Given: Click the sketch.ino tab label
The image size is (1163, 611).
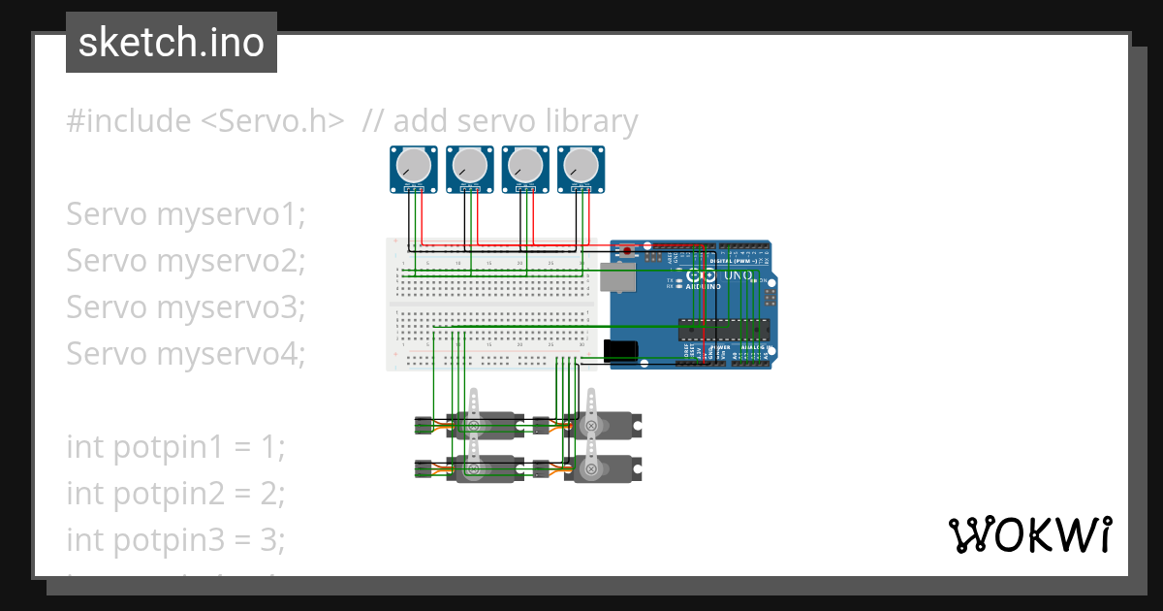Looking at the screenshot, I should pyautogui.click(x=172, y=43).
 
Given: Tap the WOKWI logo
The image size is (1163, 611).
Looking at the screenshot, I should pyautogui.click(x=1029, y=534).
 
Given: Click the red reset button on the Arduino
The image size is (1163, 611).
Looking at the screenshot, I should pyautogui.click(x=627, y=251).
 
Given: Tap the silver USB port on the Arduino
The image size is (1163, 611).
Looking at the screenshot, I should pyautogui.click(x=614, y=276).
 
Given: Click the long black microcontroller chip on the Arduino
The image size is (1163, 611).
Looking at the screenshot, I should pyautogui.click(x=723, y=330).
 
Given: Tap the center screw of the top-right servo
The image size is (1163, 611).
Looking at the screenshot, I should pyautogui.click(x=591, y=425).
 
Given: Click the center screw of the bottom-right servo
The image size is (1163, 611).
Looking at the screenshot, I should pyautogui.click(x=591, y=469).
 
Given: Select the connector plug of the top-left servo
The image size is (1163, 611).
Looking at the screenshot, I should pyautogui.click(x=423, y=425).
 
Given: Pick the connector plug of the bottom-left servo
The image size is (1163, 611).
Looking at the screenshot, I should pyautogui.click(x=423, y=469).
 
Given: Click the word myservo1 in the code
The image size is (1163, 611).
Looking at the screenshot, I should pyautogui.click(x=230, y=213).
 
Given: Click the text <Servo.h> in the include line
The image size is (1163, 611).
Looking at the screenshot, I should pyautogui.click(x=272, y=121).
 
